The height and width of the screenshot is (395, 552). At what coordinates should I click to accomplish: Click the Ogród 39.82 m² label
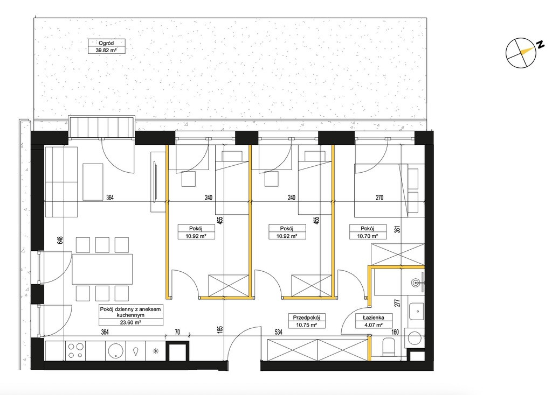[x=107, y=46]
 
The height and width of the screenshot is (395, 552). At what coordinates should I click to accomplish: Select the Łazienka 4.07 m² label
[x=374, y=321]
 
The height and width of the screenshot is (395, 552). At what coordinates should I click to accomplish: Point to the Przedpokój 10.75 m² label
[x=306, y=321]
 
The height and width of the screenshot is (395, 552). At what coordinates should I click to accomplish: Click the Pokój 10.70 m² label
[x=368, y=232]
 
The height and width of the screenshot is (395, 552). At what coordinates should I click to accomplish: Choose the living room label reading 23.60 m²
[x=130, y=315]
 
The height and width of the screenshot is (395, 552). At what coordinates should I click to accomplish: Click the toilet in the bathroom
[x=389, y=347]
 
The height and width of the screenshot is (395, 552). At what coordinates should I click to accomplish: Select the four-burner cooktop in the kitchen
[x=76, y=350]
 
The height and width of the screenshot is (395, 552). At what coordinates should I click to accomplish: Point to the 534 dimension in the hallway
[x=279, y=331]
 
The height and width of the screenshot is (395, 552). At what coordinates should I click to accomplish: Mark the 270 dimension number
[x=379, y=197]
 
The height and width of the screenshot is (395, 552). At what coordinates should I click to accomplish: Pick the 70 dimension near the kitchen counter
[x=177, y=332]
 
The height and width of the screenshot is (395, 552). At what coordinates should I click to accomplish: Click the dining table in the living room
[x=102, y=269]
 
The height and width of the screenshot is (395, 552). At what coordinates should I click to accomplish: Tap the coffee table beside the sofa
[x=93, y=182]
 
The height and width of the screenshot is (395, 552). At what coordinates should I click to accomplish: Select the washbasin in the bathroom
[x=417, y=282]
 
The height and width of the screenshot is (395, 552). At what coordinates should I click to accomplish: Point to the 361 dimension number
[x=397, y=229]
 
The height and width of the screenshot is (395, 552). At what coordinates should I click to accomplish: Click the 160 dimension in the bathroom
[x=395, y=331]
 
